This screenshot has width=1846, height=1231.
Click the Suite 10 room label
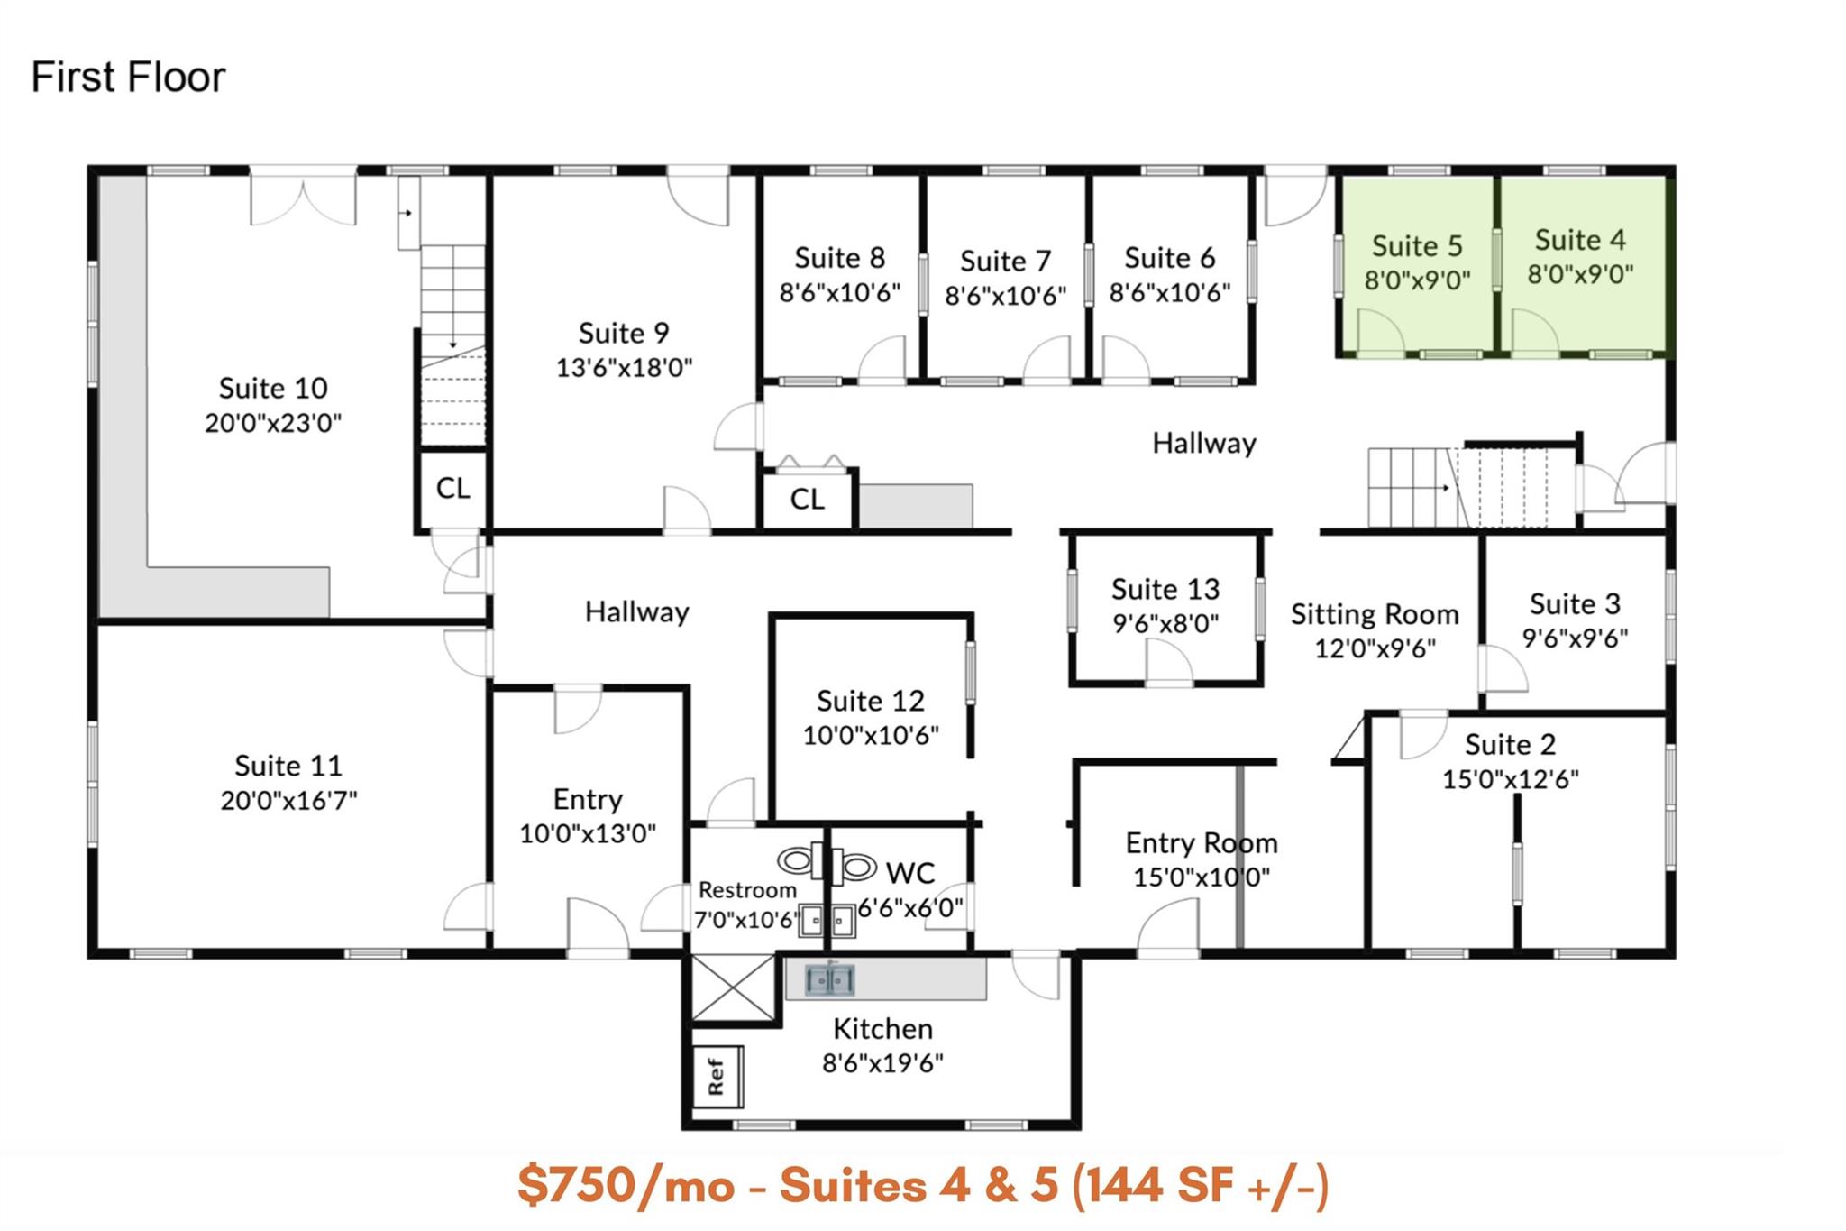click(273, 389)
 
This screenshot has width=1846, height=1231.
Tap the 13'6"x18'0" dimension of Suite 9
click(624, 368)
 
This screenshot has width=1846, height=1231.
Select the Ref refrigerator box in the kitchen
click(717, 1076)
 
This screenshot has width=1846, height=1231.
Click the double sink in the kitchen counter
click(829, 979)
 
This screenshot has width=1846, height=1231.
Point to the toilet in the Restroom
click(799, 861)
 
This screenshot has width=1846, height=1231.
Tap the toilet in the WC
click(856, 868)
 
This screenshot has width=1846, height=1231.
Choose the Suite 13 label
click(1165, 590)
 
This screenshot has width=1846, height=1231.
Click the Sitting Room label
click(1374, 615)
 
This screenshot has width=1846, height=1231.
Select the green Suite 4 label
click(1580, 240)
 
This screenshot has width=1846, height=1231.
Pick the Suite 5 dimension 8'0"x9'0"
click(1417, 280)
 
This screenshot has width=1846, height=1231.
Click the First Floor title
click(128, 78)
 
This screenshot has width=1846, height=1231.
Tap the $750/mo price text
click(626, 1185)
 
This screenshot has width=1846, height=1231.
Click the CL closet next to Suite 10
click(452, 489)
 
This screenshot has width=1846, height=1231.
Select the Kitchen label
click(882, 1029)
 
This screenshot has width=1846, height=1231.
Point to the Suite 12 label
click(870, 702)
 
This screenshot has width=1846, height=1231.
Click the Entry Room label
click(1201, 843)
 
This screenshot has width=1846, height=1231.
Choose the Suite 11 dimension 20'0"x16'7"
click(288, 800)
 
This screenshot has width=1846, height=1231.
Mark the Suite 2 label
click(1510, 745)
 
